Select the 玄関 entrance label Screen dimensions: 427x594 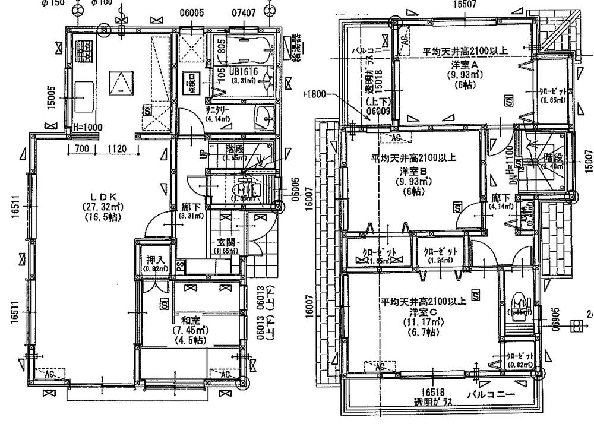[225, 242]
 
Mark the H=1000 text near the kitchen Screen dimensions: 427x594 [87, 127]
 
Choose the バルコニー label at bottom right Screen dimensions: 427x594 [490, 394]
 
